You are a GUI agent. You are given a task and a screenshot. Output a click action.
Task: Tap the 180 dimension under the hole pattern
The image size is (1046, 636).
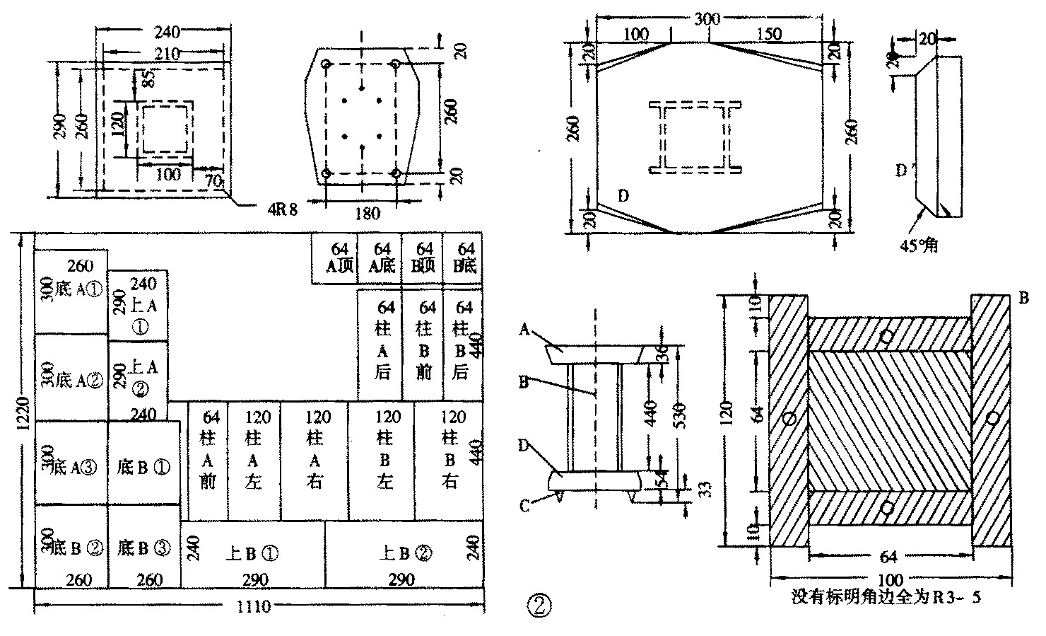pyautogui.click(x=365, y=214)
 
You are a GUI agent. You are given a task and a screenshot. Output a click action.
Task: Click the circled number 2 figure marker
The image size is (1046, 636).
pyautogui.click(x=539, y=605)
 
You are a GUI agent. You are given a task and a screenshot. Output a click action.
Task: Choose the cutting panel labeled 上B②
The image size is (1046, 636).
pyautogui.click(x=406, y=553)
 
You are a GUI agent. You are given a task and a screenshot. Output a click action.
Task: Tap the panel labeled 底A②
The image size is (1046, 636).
pyautogui.click(x=71, y=378)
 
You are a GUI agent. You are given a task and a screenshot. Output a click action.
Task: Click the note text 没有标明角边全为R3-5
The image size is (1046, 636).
pyautogui.click(x=886, y=597)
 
